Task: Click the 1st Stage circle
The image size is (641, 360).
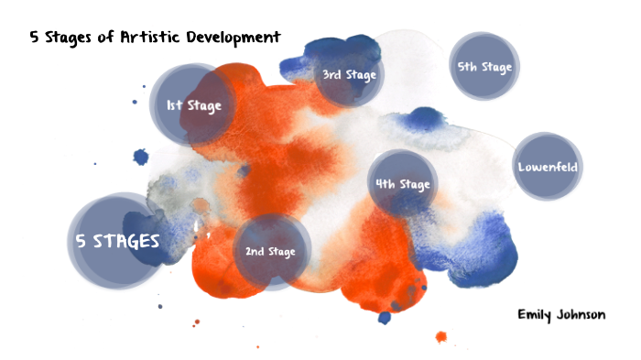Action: [192, 105]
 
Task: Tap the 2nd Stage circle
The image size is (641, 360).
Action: [270, 251]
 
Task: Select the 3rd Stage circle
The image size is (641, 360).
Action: [348, 74]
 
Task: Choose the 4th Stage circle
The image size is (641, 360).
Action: [402, 184]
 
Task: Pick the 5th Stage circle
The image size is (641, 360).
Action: [483, 67]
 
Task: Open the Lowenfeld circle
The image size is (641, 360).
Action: [547, 167]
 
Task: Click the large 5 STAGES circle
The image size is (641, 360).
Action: [116, 241]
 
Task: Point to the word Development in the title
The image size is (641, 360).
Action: [233, 38]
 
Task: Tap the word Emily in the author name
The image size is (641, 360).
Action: [535, 314]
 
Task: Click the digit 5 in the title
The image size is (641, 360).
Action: [35, 38]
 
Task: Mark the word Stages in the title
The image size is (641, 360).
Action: [72, 38]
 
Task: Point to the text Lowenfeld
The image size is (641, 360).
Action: [547, 167]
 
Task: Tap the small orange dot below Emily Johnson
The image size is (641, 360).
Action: [440, 337]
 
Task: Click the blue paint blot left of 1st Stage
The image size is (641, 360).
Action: [140, 157]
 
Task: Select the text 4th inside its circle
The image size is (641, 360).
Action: [385, 184]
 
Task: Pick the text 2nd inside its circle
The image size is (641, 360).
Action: [254, 251]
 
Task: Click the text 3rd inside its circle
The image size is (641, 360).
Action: [331, 74]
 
